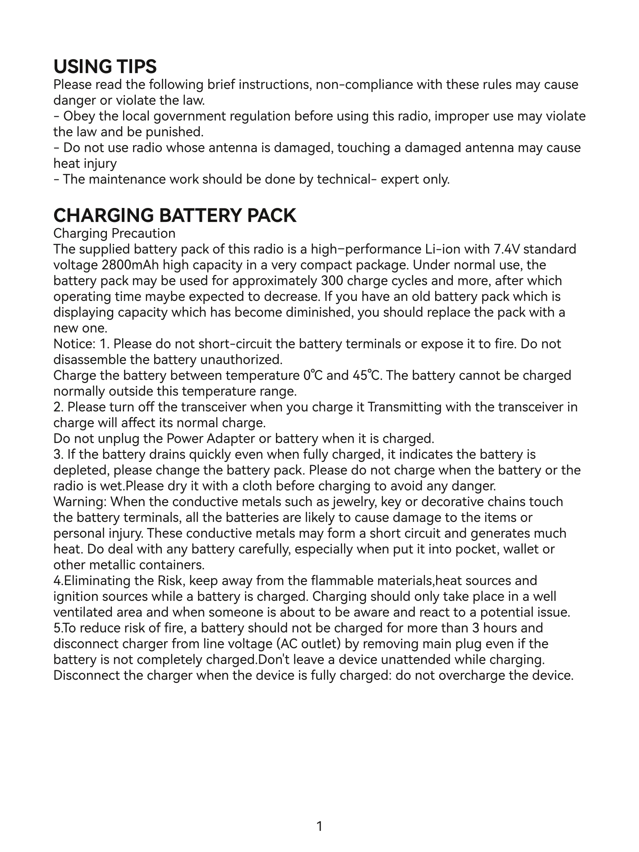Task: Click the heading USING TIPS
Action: click(x=105, y=67)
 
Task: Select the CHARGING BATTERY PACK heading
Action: click(x=175, y=216)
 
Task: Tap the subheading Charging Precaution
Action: click(x=114, y=234)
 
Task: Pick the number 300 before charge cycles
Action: click(x=332, y=281)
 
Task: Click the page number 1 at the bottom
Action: click(x=319, y=827)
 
